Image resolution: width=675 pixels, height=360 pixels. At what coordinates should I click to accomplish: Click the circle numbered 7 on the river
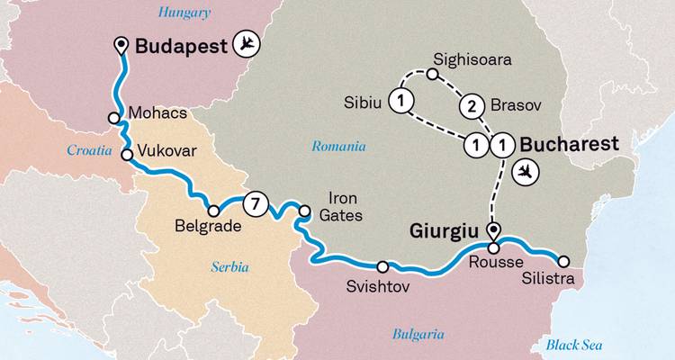point(256,203)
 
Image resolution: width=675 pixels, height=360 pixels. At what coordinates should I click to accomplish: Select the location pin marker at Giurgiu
point(492,229)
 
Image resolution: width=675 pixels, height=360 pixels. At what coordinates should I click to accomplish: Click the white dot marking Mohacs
point(114,118)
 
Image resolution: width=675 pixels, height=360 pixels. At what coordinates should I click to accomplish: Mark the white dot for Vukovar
point(127,155)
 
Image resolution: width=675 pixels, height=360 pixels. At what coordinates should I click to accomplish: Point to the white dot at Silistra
point(563,261)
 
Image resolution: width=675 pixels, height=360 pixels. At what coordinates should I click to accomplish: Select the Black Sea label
point(575,345)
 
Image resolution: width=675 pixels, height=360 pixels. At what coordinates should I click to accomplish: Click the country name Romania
point(338,146)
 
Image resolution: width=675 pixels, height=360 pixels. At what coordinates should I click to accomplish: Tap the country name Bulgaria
point(418,334)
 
